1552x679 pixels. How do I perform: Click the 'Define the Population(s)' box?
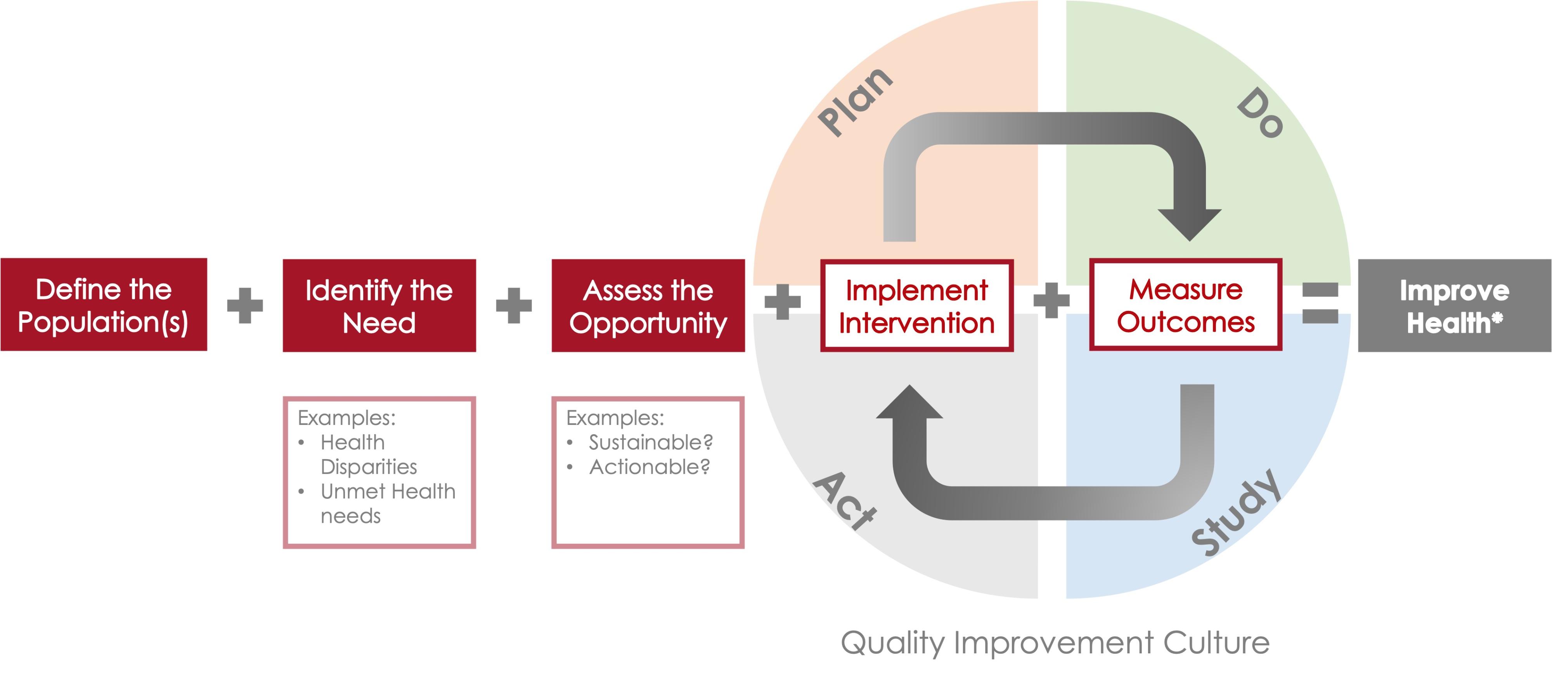click(104, 305)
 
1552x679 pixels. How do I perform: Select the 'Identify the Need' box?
click(379, 305)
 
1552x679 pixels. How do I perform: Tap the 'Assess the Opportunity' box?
click(648, 305)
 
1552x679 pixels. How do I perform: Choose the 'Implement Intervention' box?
click(917, 305)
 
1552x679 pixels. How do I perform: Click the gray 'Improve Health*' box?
click(1454, 305)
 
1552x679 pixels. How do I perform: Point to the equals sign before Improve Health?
click(1320, 303)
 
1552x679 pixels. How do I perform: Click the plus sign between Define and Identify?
click(244, 305)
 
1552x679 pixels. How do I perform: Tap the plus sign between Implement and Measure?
click(1051, 300)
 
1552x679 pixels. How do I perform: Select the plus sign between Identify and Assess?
click(514, 305)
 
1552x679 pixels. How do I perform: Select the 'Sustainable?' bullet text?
click(651, 442)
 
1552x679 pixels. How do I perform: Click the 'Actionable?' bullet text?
click(650, 467)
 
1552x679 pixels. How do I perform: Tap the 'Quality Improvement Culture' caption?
click(1055, 643)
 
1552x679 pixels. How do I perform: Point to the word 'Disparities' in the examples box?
click(369, 467)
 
